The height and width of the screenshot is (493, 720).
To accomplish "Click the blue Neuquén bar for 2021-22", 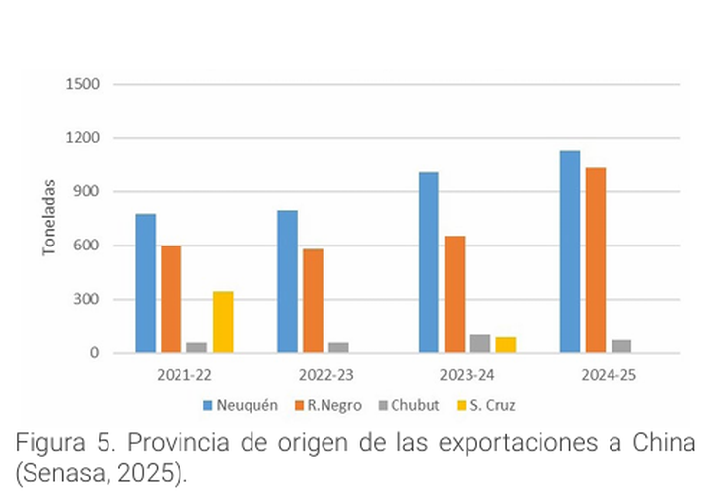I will coord(146,283).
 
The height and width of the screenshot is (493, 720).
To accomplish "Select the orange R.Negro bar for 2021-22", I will coord(172,299).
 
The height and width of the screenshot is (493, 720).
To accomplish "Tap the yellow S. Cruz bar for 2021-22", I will coord(223,321).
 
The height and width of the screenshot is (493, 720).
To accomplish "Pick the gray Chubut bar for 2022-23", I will coord(338,347).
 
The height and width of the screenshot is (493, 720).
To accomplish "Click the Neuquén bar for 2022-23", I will coord(287,281).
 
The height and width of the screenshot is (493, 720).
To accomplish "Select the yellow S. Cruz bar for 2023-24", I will coord(506,344).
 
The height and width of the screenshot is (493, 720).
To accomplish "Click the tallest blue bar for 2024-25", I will coord(570,251).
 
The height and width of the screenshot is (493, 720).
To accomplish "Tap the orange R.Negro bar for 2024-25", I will coord(596,259).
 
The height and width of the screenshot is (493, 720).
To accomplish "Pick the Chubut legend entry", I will coord(411,404).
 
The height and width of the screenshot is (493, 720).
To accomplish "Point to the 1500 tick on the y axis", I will coord(82,84).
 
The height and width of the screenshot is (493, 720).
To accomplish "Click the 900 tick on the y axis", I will coord(86,191).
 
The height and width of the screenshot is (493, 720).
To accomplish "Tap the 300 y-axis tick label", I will coord(86,300).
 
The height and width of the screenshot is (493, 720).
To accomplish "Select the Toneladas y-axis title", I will coord(48,218).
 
